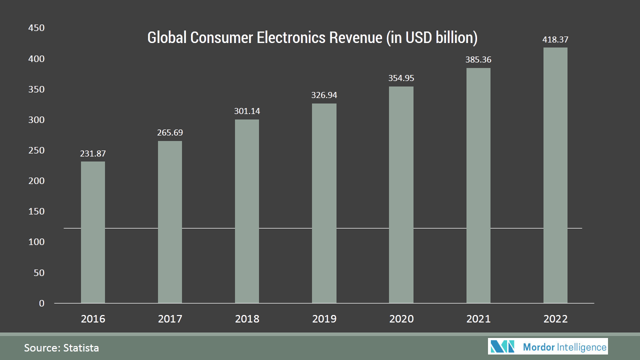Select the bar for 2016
pyautogui.click(x=93, y=232)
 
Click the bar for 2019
pyautogui.click(x=324, y=203)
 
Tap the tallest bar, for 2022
pyautogui.click(x=555, y=175)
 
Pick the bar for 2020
pyautogui.click(x=401, y=195)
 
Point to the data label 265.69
pyautogui.click(x=170, y=133)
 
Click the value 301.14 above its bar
pyautogui.click(x=247, y=111)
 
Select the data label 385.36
pyautogui.click(x=478, y=59)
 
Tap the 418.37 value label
pyautogui.click(x=555, y=39)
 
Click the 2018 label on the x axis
pyautogui.click(x=247, y=319)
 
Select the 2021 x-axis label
pyautogui.click(x=478, y=319)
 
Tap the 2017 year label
pyautogui.click(x=170, y=319)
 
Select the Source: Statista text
pyautogui.click(x=61, y=348)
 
